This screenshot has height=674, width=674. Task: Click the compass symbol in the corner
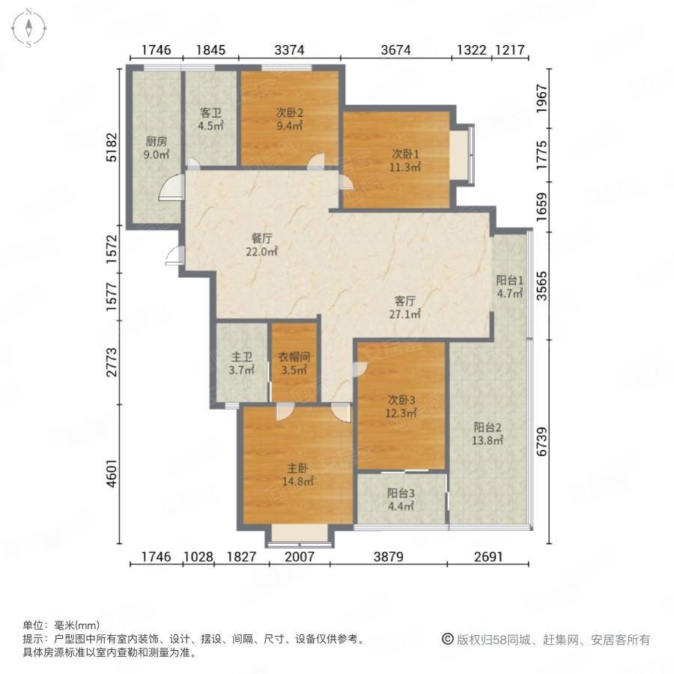coord(28,27)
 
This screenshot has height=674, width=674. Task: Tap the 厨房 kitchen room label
coord(157,148)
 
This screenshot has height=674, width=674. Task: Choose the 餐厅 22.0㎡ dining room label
coord(261,245)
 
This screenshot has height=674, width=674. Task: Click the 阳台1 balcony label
coord(510,287)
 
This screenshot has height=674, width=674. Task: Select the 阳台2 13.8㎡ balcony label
coord(487,434)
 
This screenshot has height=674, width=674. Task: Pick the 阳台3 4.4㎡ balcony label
coord(401,500)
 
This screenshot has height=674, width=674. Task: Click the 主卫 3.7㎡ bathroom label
coord(241,362)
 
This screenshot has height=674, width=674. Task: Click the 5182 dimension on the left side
coord(112,148)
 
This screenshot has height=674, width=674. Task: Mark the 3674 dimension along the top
coord(396,51)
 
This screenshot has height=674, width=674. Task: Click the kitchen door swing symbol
coord(171,186)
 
